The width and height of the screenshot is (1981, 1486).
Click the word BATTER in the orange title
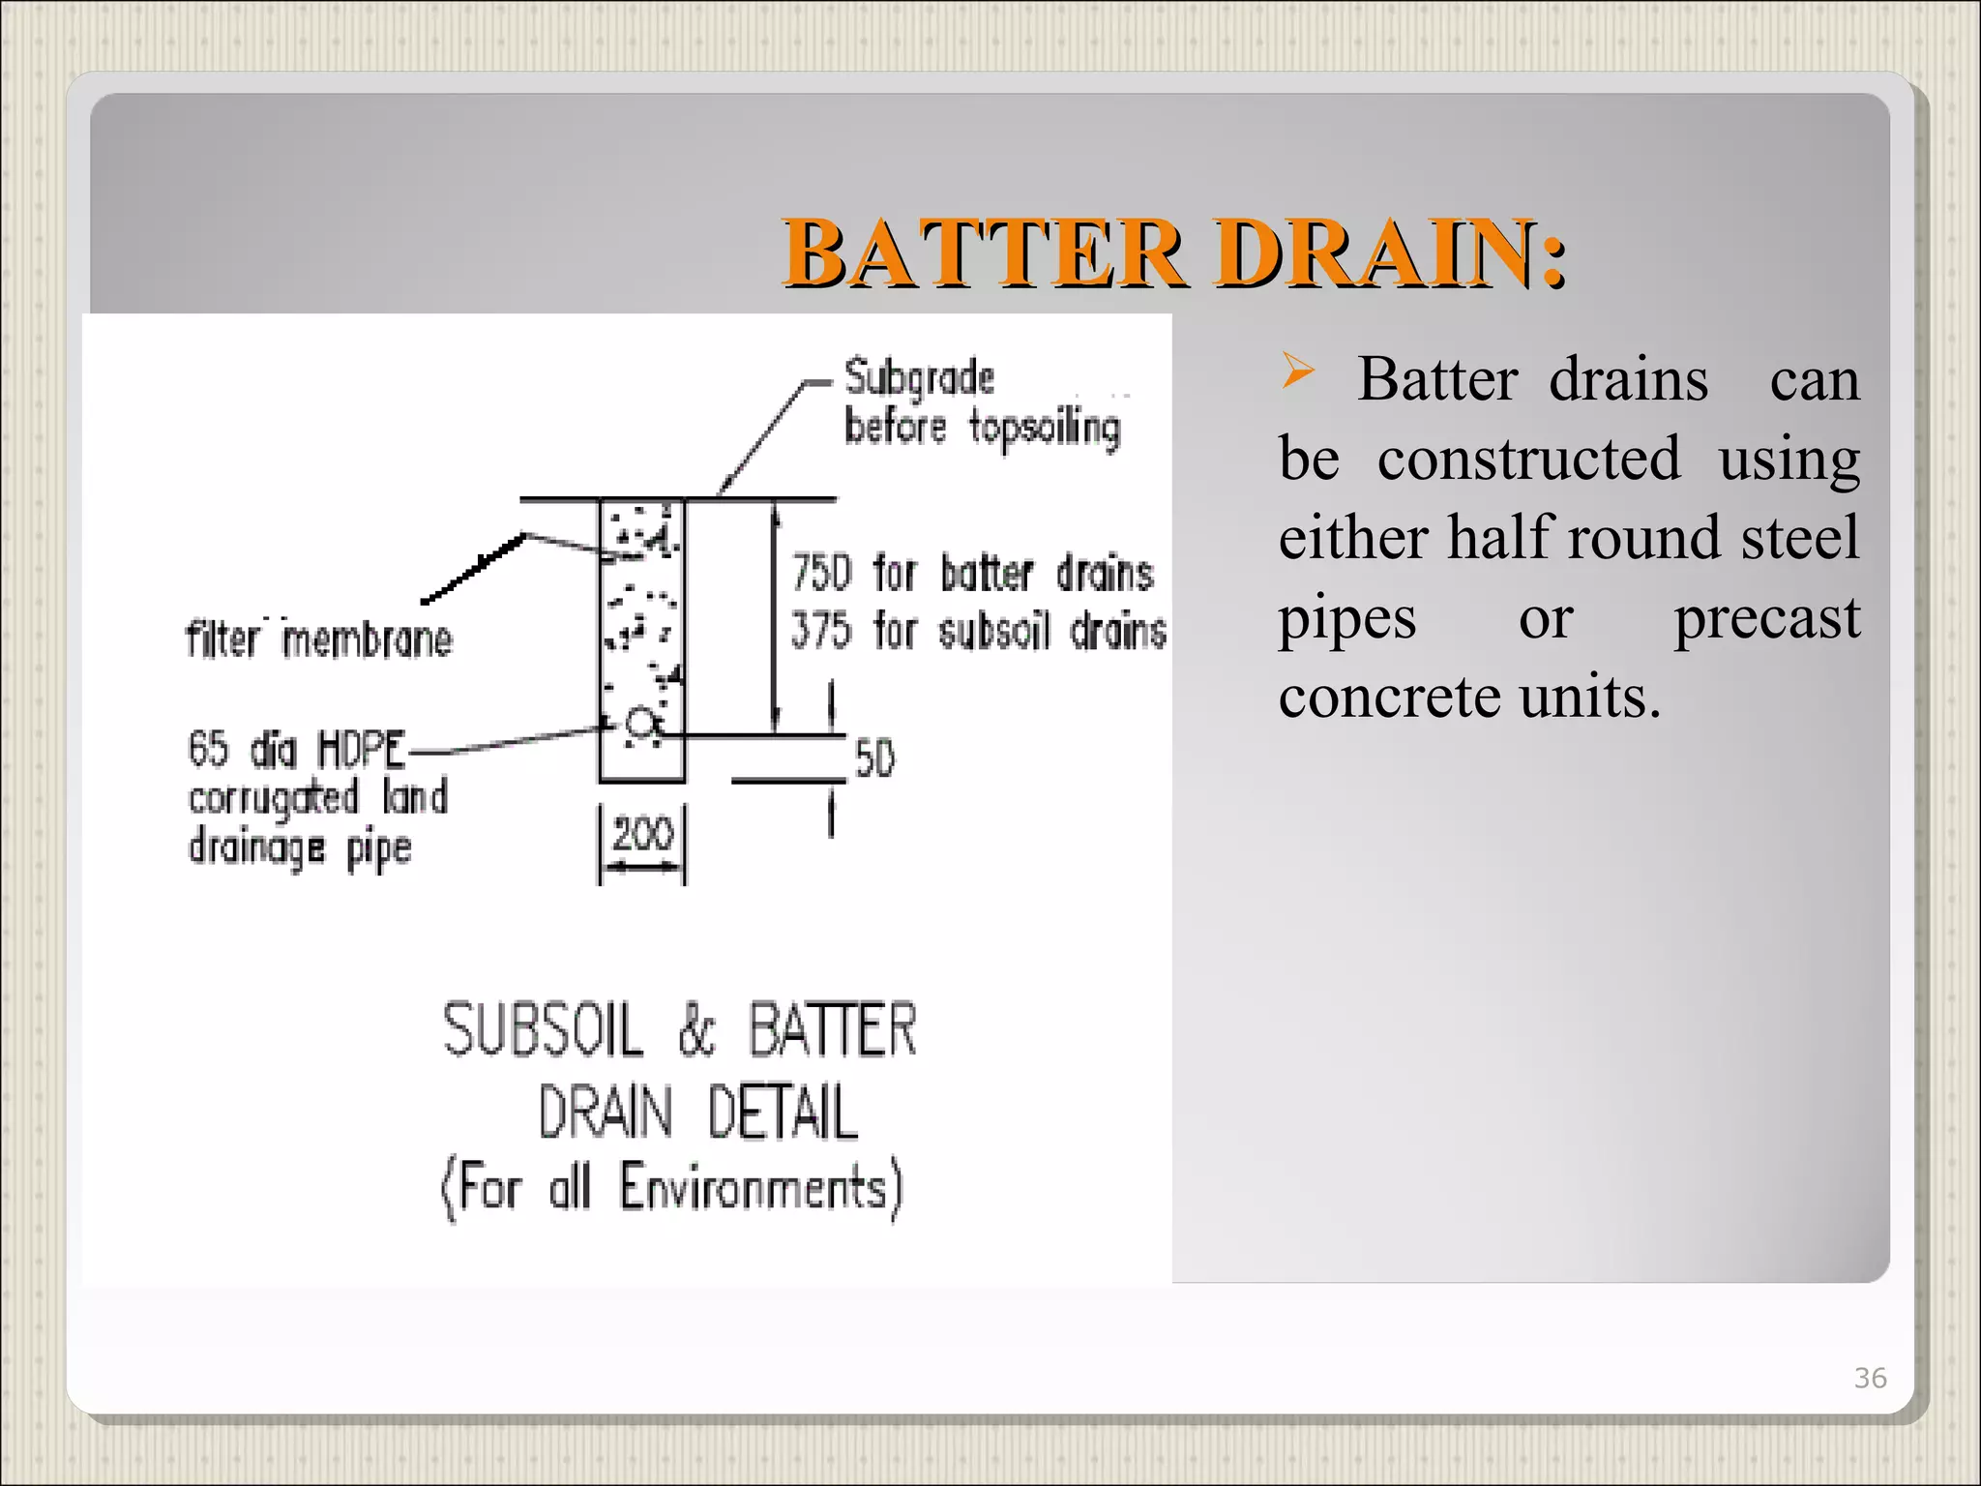tap(984, 253)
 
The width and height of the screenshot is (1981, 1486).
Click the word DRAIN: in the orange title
tap(1389, 253)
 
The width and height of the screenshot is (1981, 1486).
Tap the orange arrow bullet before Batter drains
tap(1298, 371)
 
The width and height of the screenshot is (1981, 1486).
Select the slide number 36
tap(1870, 1378)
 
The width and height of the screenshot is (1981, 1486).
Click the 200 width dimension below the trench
tap(642, 834)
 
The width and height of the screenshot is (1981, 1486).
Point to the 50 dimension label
tap(874, 759)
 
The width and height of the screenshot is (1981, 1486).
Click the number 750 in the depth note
tap(821, 573)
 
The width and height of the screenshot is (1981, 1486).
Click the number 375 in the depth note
tap(820, 631)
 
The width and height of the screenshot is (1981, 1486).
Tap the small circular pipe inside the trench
tap(639, 722)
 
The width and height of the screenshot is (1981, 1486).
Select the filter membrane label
tap(319, 639)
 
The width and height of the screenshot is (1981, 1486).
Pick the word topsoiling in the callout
tap(1045, 428)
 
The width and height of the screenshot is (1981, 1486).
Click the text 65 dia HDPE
tap(296, 749)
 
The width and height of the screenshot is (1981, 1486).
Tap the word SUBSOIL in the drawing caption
tap(543, 1029)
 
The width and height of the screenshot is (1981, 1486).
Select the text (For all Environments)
tap(671, 1188)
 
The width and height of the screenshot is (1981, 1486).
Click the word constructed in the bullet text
tap(1528, 459)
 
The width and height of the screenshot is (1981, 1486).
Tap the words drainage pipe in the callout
tap(300, 848)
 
